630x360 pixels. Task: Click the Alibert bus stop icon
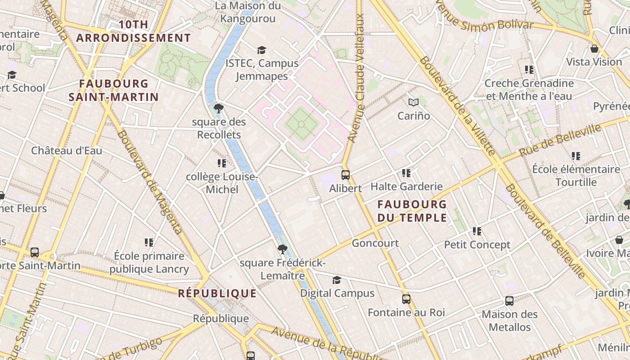(345, 175)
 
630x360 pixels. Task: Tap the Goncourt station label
(375, 243)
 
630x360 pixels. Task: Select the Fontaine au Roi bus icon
(406, 299)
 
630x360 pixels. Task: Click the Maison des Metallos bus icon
(509, 301)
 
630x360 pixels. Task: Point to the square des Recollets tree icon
(219, 108)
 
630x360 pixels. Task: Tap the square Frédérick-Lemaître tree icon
(282, 249)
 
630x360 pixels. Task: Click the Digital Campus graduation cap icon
(337, 280)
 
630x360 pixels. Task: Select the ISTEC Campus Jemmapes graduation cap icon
(261, 50)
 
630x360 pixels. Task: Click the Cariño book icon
(413, 103)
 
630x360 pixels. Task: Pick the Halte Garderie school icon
(406, 173)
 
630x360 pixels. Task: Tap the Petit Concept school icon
(477, 231)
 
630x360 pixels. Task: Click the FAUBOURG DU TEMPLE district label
(412, 211)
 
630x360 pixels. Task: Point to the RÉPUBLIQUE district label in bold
(217, 294)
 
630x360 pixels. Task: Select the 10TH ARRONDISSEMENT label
(133, 31)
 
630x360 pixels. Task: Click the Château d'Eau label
(67, 151)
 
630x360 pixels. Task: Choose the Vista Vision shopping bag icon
(594, 49)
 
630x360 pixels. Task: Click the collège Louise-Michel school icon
(221, 163)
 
